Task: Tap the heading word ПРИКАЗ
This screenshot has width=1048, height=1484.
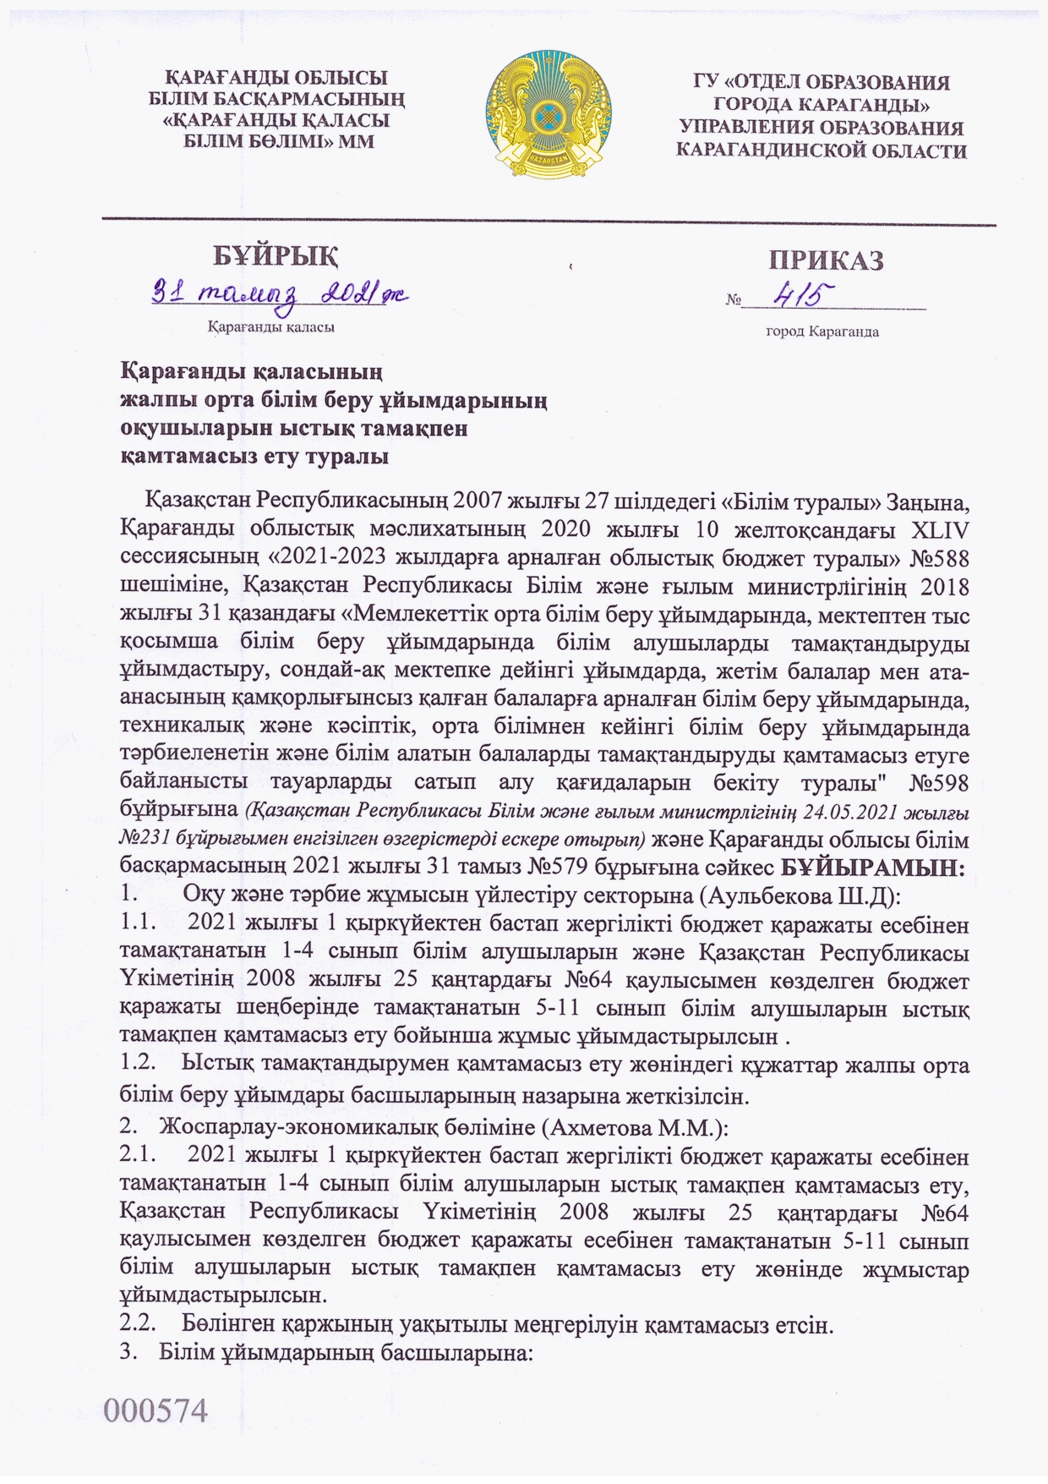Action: (x=826, y=260)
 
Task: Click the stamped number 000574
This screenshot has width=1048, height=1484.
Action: (x=156, y=1410)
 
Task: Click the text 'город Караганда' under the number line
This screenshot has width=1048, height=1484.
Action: (x=821, y=331)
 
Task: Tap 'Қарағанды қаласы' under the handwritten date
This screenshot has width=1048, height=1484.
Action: (x=270, y=326)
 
